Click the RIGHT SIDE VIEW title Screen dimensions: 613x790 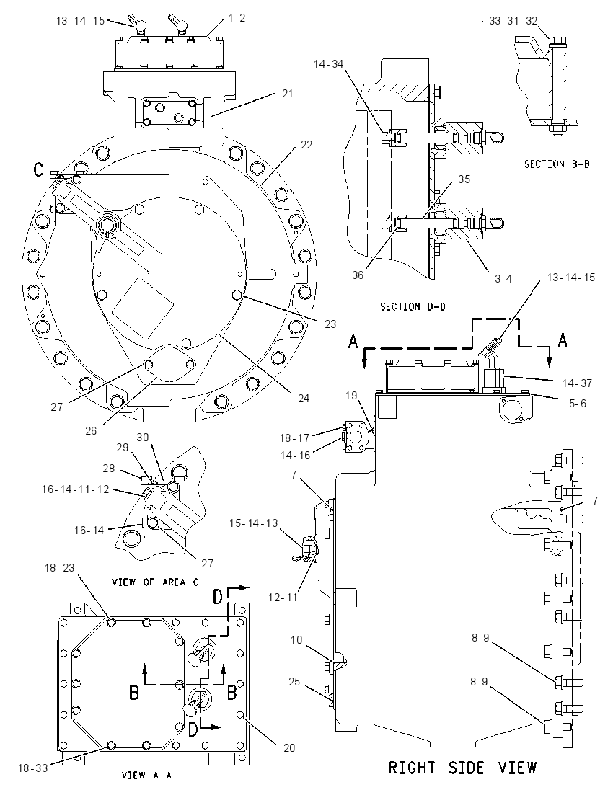point(462,768)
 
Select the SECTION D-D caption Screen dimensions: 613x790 point(413,306)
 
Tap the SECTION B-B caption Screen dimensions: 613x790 point(557,164)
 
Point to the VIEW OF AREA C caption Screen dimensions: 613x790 point(155,582)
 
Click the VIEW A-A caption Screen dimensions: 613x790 point(146,775)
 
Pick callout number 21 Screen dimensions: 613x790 point(287,94)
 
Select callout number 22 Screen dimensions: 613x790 point(306,145)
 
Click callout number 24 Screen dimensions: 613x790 point(303,398)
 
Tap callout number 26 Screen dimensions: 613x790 point(91,431)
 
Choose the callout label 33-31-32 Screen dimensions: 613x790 point(513,21)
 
